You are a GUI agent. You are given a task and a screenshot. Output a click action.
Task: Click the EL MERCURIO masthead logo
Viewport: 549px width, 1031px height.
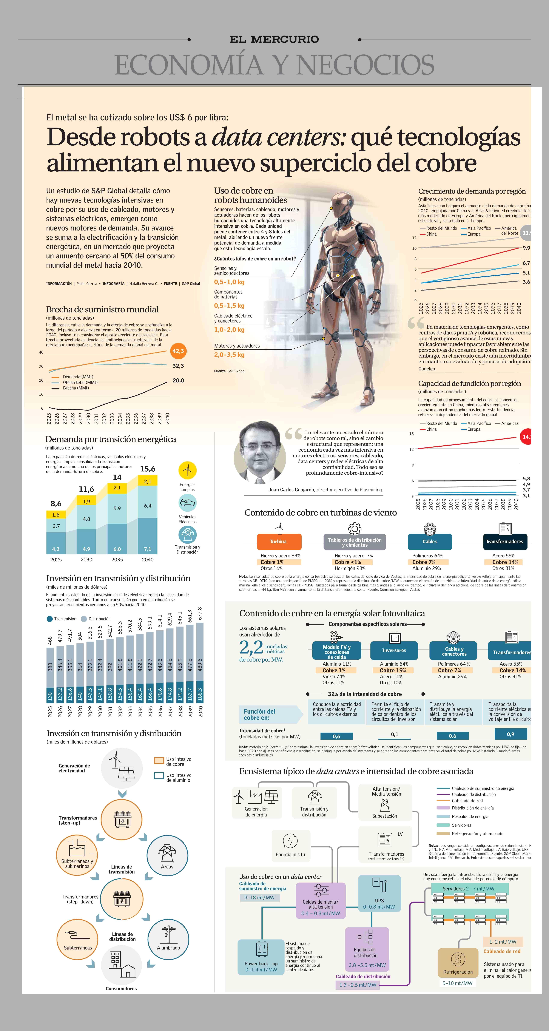pos(274,39)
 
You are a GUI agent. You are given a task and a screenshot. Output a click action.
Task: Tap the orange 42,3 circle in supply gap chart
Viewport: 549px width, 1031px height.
pos(178,351)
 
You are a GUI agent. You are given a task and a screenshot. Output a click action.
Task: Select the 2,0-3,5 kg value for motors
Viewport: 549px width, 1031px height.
pos(229,355)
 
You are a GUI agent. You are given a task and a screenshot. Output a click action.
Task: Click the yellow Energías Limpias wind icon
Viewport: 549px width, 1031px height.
pos(187,470)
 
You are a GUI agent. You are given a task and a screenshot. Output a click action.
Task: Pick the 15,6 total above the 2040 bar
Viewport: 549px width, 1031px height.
pos(148,469)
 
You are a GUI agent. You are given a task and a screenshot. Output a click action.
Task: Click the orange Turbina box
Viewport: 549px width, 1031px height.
pos(278,542)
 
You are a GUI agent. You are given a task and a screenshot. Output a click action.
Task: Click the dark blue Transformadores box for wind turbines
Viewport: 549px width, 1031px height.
pos(504,542)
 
